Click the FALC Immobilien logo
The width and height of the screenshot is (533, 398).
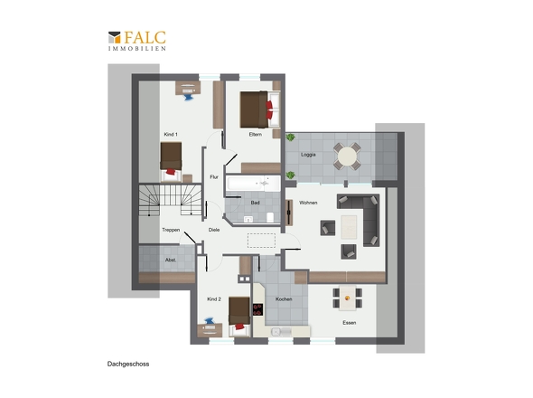[x=137, y=41]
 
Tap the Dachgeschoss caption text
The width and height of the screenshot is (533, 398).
[x=128, y=364]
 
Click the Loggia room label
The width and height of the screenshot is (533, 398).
[x=308, y=155]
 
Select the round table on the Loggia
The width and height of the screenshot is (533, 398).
[x=347, y=156]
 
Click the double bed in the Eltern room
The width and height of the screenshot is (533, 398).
[x=259, y=109]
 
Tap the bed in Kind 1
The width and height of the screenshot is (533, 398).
[x=171, y=162]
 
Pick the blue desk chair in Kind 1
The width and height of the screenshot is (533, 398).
[x=188, y=98]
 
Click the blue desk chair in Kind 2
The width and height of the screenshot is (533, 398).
[x=209, y=321]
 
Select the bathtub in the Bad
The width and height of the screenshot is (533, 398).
[x=253, y=184]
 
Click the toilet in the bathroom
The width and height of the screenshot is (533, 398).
[x=270, y=217]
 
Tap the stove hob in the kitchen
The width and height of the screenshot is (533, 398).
[x=257, y=309]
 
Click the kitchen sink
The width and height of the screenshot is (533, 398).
[x=281, y=332]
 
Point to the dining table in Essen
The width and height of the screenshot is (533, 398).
[x=348, y=298]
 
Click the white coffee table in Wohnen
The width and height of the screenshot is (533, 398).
[x=349, y=227]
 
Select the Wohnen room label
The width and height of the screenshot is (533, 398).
[x=308, y=203]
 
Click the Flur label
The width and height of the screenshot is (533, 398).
[x=214, y=177]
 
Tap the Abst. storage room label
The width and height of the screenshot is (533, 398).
[x=171, y=260]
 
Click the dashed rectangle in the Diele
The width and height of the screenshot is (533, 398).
[x=261, y=241]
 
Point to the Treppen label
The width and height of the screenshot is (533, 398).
[x=171, y=230]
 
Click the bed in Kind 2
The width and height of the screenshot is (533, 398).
[x=239, y=317]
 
